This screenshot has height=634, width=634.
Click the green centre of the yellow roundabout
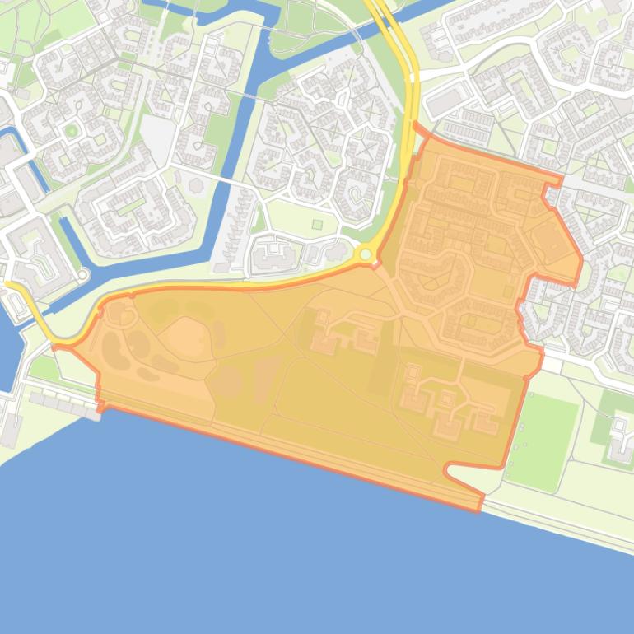366,255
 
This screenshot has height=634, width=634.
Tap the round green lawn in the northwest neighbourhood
72,131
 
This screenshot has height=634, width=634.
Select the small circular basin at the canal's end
83,274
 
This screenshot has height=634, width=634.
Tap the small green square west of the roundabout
317,224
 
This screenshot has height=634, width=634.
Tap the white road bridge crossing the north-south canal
248,96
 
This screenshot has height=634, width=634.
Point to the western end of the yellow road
7,284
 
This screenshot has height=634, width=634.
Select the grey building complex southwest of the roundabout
277,256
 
